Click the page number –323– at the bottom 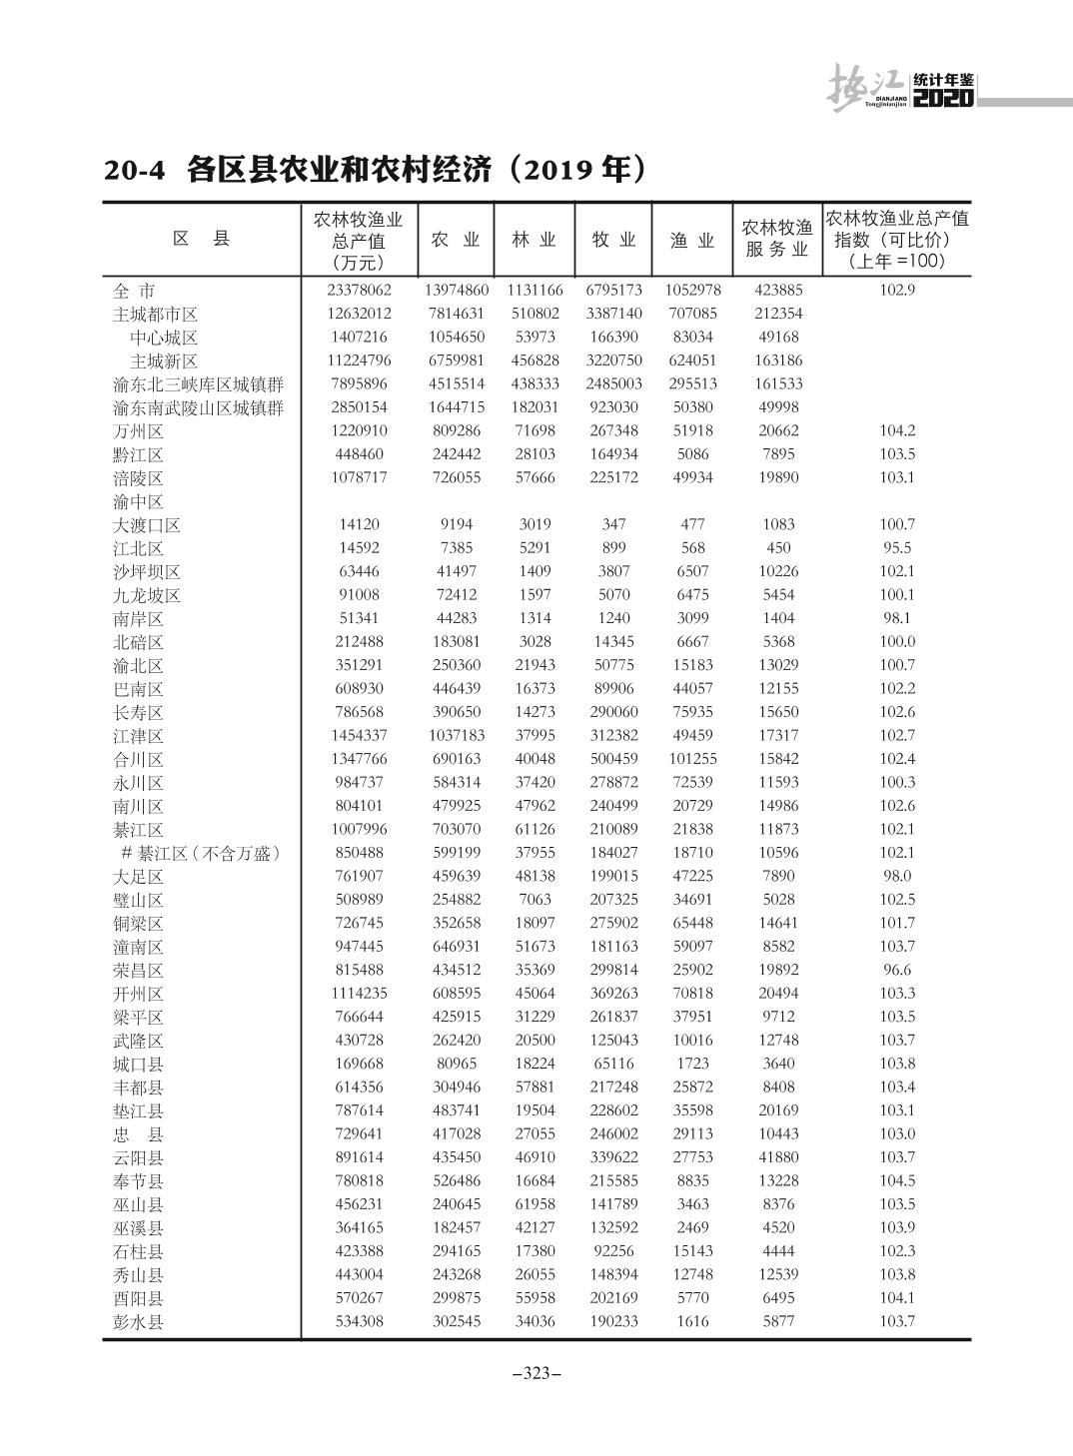(536, 1373)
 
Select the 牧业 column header (613, 240)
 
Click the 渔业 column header (692, 241)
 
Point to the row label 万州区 (138, 431)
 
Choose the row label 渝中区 (138, 502)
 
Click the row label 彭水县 (138, 1322)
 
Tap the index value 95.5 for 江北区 (896, 548)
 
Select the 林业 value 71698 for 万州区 (535, 431)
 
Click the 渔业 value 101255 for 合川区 (692, 759)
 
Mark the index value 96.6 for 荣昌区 (896, 970)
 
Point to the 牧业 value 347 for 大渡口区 (613, 524)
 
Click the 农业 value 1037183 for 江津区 (456, 736)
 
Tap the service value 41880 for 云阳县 (778, 1157)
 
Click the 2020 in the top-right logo (943, 98)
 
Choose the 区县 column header (201, 239)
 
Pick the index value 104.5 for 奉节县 (896, 1181)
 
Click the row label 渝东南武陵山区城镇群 (198, 408)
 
